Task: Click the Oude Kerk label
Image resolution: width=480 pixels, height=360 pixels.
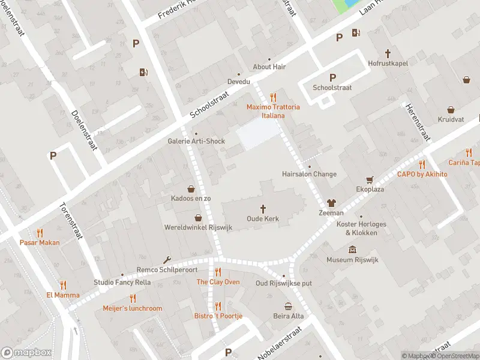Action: pos(263,219)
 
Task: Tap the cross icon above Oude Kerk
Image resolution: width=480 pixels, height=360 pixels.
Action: pos(263,209)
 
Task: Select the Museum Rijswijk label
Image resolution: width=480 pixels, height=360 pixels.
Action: pos(348,260)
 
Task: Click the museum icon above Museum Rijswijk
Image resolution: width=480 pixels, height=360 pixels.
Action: pos(352,250)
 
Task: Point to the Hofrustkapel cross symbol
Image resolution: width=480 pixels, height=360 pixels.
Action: pos(388,53)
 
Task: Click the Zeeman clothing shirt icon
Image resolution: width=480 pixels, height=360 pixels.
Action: pos(331,203)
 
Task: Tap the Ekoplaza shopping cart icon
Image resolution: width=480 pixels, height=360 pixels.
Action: pos(370,179)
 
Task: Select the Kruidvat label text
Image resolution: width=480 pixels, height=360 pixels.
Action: pos(451,120)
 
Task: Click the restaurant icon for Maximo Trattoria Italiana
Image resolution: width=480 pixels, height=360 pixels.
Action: pos(273,97)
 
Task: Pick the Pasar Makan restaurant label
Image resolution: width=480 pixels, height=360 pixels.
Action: pos(40,242)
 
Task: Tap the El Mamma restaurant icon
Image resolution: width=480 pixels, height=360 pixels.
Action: pos(63,285)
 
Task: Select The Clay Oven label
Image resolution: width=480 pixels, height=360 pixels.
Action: pos(218,282)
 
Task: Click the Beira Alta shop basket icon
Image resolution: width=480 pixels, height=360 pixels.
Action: pos(289,306)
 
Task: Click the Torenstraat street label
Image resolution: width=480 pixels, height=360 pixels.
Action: pos(70,221)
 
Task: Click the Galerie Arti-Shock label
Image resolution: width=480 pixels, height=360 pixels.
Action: pos(196,142)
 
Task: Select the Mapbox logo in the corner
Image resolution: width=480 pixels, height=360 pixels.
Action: pos(26,353)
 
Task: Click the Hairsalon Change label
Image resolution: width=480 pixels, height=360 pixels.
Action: pos(309,174)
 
